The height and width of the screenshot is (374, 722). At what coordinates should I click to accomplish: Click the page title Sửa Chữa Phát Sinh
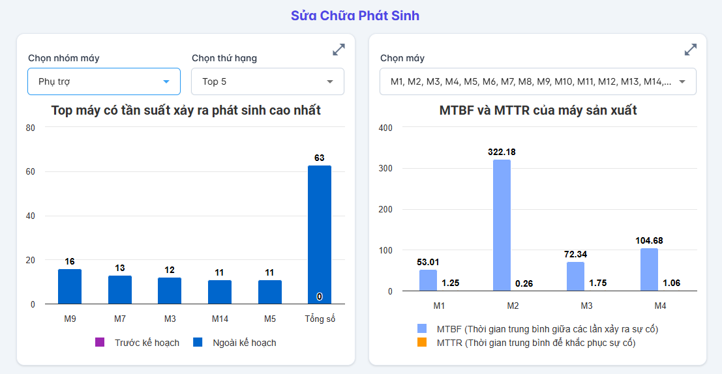(355, 16)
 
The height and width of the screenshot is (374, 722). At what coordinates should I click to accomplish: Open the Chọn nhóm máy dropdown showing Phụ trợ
(104, 81)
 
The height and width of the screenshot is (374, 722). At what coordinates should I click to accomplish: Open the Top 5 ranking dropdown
(267, 81)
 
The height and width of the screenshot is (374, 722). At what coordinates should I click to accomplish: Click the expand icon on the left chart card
(338, 50)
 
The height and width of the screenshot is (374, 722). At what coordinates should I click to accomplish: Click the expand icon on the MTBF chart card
(691, 50)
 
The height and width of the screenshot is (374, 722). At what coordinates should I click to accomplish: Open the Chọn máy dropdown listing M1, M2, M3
(538, 81)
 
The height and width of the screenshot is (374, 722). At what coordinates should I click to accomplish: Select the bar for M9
(70, 287)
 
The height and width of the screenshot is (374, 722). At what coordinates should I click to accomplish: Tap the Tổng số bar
(320, 235)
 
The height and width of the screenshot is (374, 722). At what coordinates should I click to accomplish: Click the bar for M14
(220, 292)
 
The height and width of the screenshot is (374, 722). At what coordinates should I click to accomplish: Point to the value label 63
(320, 158)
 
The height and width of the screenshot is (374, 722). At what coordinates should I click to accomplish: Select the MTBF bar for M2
(502, 225)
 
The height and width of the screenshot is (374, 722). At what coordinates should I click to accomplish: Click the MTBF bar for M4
(649, 270)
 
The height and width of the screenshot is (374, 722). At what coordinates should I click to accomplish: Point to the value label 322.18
(502, 152)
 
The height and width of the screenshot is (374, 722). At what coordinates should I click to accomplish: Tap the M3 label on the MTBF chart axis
(586, 306)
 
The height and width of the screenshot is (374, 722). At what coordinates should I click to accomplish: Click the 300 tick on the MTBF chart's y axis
(385, 169)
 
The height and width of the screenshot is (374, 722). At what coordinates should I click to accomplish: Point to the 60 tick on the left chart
(31, 172)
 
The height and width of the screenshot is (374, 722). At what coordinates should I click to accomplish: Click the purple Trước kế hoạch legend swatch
(100, 342)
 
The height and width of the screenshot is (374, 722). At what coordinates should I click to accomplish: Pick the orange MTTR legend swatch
(422, 342)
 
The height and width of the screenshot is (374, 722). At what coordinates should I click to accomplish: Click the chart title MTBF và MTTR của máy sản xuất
(538, 111)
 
